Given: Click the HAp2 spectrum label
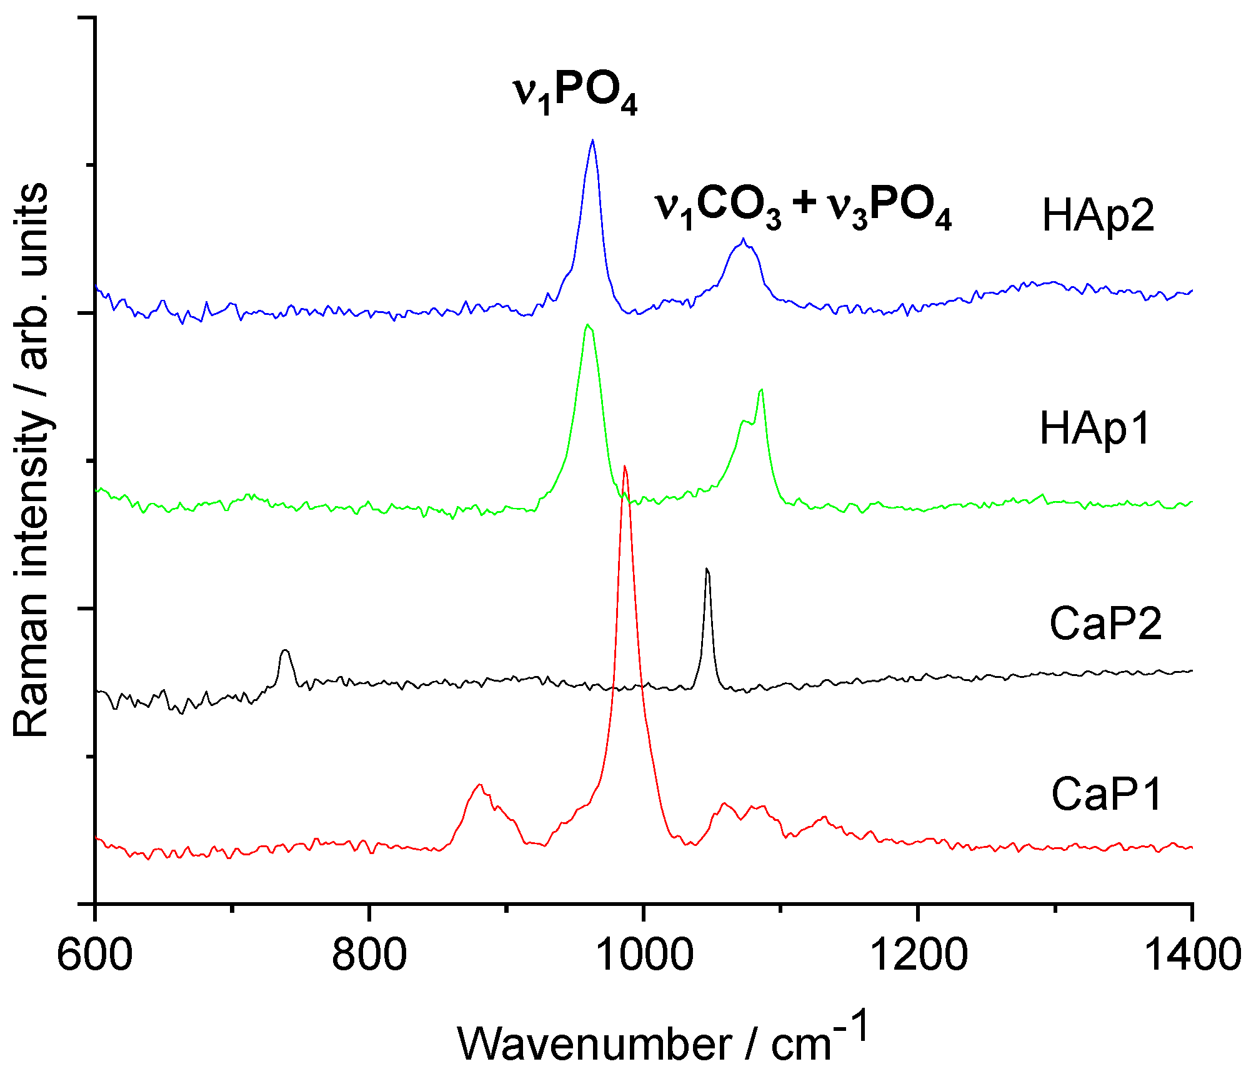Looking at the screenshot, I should [x=1098, y=216].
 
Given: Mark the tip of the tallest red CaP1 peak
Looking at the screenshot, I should [x=624, y=466].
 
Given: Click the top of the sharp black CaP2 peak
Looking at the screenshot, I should [x=707, y=569].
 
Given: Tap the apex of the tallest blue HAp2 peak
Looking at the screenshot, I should [x=592, y=140].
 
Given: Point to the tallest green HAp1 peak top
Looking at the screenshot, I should [x=587, y=324].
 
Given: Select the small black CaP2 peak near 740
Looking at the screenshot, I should [x=286, y=650].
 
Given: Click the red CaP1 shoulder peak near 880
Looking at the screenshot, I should [x=479, y=784].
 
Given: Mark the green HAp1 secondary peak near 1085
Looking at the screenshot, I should [x=761, y=390].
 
